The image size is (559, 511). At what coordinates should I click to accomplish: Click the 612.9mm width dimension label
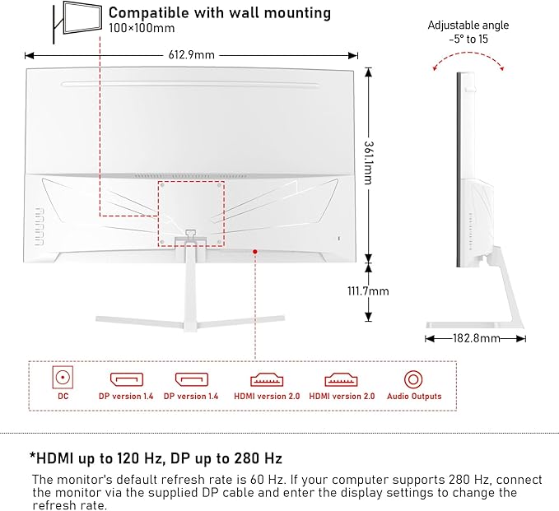[191, 55]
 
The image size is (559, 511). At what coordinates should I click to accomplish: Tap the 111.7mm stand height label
[368, 291]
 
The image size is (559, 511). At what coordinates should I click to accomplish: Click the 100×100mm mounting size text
[142, 29]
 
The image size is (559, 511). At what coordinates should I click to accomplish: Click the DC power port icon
[62, 379]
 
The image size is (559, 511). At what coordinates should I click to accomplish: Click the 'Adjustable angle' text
[468, 25]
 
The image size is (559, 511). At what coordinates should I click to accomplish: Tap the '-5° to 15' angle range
[468, 37]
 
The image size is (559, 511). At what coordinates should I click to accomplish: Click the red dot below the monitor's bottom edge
[255, 252]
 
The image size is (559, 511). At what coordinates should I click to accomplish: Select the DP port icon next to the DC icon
[126, 379]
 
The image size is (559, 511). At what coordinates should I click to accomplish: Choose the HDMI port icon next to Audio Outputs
[342, 379]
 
